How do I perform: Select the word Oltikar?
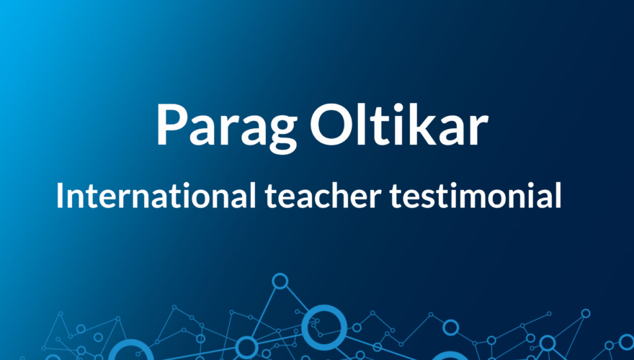click(398, 124)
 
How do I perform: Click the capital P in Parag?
click(171, 124)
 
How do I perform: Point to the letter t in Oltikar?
click(385, 125)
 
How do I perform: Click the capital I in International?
click(61, 195)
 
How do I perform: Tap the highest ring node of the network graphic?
click(280, 281)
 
